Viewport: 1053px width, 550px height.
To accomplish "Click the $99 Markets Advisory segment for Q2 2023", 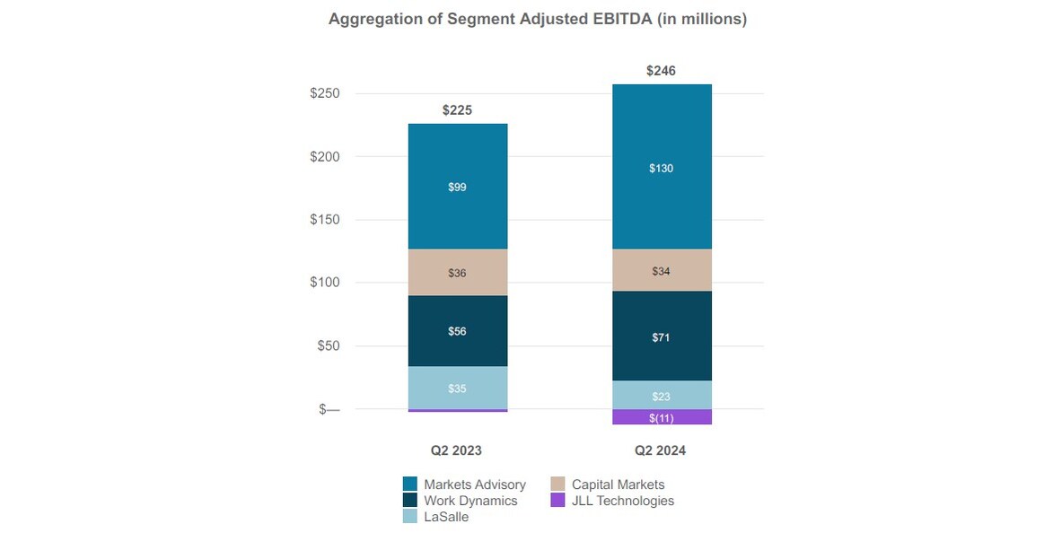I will point(458,187).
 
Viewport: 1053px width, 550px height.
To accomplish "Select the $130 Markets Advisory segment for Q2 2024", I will point(662,168).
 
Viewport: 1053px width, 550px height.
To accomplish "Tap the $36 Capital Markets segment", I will point(458,273).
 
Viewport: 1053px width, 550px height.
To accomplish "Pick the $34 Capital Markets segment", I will point(662,271).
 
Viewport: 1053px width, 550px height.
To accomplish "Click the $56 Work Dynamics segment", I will point(458,331).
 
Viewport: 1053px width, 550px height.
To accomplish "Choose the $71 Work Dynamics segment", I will point(662,337).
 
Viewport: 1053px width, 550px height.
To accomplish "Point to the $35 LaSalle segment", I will point(458,388).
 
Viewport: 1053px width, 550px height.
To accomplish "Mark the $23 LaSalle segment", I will point(662,396).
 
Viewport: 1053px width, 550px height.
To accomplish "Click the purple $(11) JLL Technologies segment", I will point(662,418).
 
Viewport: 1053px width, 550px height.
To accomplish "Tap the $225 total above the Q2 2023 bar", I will point(457,110).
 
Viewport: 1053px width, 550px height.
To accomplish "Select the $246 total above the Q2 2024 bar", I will point(662,71).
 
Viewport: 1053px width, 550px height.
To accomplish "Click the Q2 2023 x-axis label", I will point(457,450).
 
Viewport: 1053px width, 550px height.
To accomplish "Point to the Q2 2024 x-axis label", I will point(661,450).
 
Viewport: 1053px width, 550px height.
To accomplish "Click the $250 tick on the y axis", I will point(324,94).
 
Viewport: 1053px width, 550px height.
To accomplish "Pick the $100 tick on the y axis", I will point(324,283).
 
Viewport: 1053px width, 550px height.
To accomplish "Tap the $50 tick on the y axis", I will point(328,346).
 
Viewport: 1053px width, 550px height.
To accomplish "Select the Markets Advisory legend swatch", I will point(410,485).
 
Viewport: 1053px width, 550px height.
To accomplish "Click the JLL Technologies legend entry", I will point(622,501).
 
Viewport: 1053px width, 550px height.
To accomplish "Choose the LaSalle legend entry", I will point(446,517).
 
